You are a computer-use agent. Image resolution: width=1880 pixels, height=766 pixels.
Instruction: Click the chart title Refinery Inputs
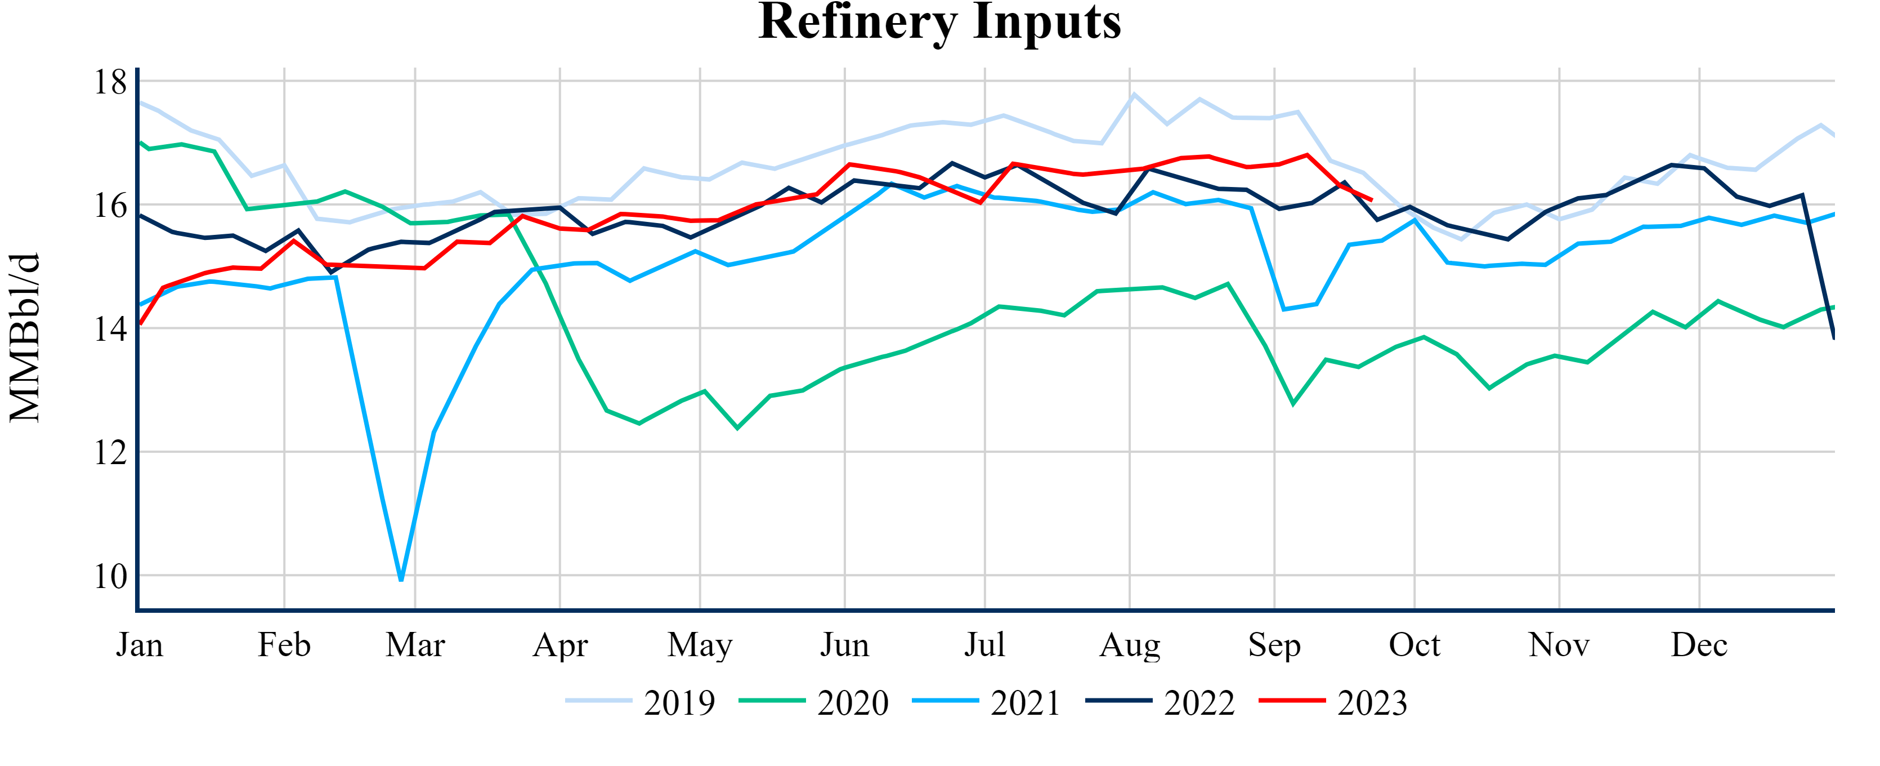click(x=939, y=22)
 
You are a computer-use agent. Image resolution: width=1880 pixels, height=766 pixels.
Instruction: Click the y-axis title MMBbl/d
click(x=25, y=337)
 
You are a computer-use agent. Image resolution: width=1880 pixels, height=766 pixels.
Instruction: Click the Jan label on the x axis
click(x=140, y=645)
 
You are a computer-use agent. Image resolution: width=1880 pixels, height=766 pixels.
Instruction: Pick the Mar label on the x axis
click(x=415, y=645)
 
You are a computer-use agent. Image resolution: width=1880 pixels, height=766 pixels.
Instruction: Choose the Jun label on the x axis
click(x=844, y=645)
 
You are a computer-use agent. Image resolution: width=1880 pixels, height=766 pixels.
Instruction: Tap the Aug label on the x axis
click(x=1130, y=645)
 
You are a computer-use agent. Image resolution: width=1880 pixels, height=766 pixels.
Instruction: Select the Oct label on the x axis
click(x=1415, y=645)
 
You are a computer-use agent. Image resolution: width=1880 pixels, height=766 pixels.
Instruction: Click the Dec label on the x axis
click(x=1699, y=645)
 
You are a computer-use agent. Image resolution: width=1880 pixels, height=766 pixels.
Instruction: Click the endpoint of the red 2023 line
click(x=1372, y=200)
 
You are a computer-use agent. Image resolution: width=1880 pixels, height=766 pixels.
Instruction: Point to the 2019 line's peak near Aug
click(x=1134, y=94)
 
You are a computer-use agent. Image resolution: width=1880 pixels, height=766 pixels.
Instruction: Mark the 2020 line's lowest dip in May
click(x=737, y=428)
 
